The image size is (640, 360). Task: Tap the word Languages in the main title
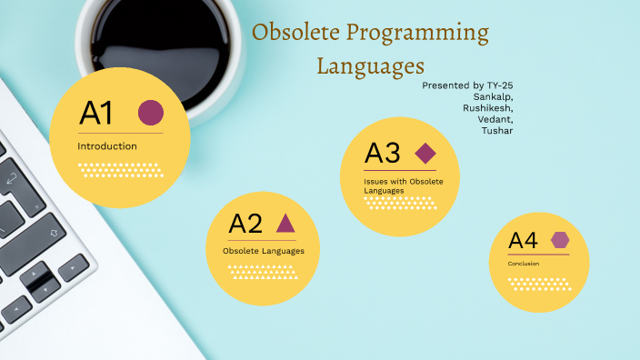click(x=371, y=65)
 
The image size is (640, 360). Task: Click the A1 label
click(x=96, y=114)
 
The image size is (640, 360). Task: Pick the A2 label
click(x=245, y=224)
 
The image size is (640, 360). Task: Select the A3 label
click(x=383, y=154)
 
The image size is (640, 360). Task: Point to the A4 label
click(x=523, y=241)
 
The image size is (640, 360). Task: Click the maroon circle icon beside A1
click(x=150, y=113)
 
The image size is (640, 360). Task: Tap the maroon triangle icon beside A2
click(x=285, y=223)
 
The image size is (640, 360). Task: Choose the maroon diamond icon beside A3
click(x=425, y=153)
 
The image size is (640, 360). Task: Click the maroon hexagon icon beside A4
click(x=560, y=240)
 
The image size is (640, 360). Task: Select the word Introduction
click(x=107, y=146)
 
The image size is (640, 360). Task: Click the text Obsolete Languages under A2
click(x=264, y=251)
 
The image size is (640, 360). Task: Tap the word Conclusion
click(x=524, y=264)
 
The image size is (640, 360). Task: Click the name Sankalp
click(x=493, y=96)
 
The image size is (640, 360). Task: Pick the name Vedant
click(x=496, y=119)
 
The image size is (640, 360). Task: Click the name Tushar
click(x=497, y=131)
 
